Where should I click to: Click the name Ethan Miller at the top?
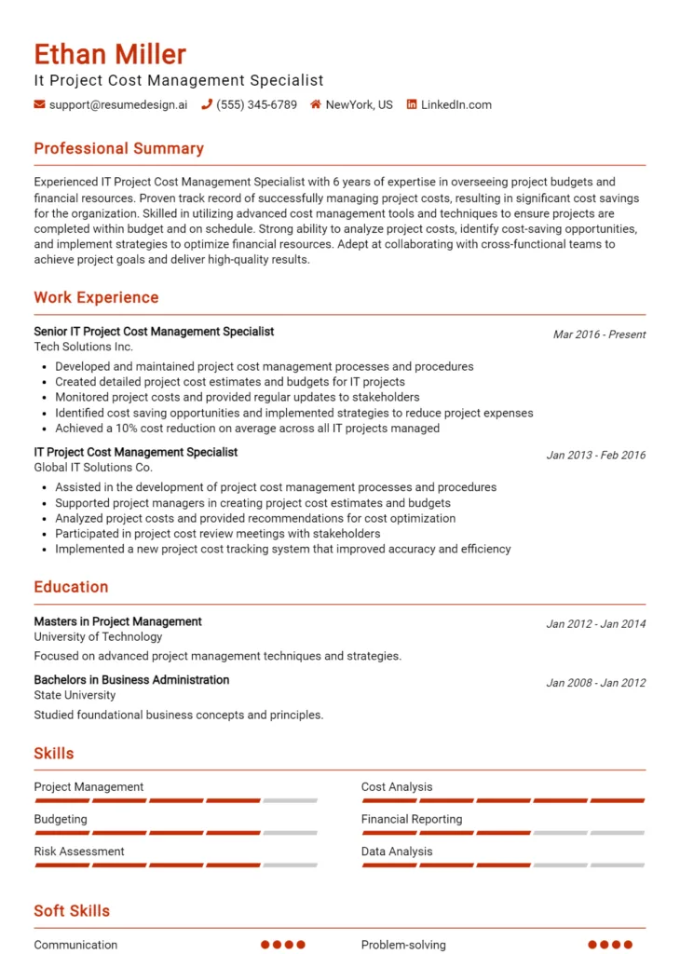(x=110, y=54)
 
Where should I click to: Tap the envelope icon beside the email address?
(x=39, y=105)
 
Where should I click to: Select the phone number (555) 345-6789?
(x=256, y=105)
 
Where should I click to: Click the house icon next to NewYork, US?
(x=316, y=105)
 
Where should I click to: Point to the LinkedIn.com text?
(x=456, y=105)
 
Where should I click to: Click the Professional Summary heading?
(x=118, y=149)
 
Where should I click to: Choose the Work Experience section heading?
(x=96, y=298)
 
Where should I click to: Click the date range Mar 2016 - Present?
(x=599, y=334)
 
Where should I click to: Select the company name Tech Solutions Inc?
(x=84, y=347)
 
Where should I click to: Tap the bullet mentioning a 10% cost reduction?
(x=247, y=429)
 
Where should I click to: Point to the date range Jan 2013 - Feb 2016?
(x=595, y=456)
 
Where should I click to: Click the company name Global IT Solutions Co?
(x=93, y=468)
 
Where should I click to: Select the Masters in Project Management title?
(x=117, y=621)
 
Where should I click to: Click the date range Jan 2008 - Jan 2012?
(x=595, y=683)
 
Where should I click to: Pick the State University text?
(x=75, y=695)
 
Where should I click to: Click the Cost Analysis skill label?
(x=397, y=787)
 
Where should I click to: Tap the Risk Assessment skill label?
(x=79, y=852)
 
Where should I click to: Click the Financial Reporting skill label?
(x=412, y=820)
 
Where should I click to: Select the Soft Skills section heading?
(x=72, y=911)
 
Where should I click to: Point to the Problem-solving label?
(x=403, y=945)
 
